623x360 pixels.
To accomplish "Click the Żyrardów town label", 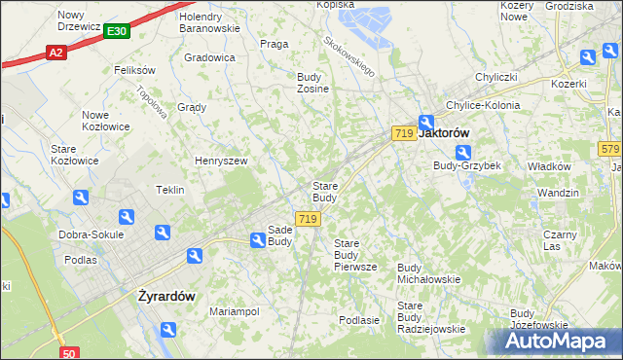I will (x=166, y=296).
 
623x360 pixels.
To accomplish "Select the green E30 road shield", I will (x=116, y=32).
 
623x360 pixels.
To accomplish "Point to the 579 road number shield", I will (x=610, y=149).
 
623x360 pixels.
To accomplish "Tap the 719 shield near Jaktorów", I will (x=404, y=132).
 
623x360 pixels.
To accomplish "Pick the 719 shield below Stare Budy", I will (x=308, y=220).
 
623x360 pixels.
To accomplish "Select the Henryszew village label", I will (x=222, y=161).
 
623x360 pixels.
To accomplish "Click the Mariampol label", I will (x=234, y=311).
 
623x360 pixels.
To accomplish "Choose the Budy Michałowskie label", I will (x=428, y=273).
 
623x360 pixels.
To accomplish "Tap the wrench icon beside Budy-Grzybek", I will (x=463, y=153).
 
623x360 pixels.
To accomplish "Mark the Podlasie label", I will (x=358, y=319).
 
